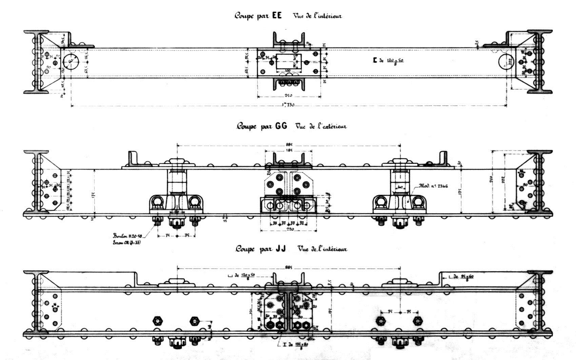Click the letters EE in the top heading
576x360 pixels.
coord(277,16)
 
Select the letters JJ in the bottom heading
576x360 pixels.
coord(280,249)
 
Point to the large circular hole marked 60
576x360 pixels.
coord(71,61)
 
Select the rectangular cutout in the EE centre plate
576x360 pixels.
coord(288,63)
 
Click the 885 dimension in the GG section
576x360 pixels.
coord(289,144)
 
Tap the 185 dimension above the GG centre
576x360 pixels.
coord(289,150)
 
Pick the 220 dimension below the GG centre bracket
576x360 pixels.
coord(289,229)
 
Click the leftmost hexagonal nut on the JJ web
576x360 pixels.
coord(157,320)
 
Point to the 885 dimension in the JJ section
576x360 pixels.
coord(289,267)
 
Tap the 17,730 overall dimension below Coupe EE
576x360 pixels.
coord(288,105)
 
